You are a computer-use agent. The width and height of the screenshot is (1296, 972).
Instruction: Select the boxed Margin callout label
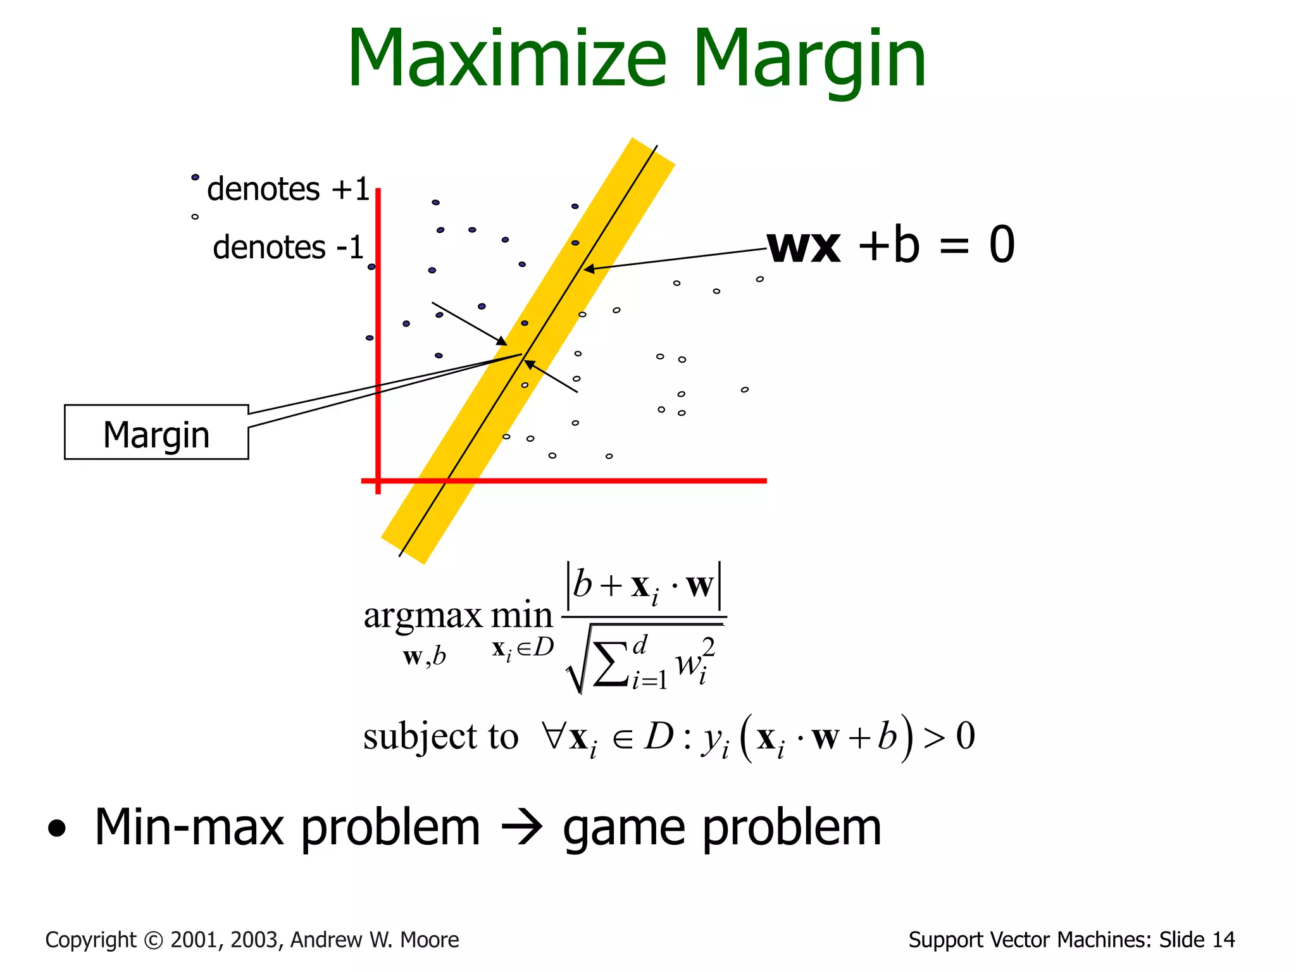click(x=156, y=433)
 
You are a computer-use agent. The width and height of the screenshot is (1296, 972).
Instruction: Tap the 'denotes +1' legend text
click(x=288, y=189)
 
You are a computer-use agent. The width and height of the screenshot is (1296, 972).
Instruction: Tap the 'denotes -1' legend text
click(x=288, y=247)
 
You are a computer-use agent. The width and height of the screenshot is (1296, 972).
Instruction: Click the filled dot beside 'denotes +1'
click(x=195, y=177)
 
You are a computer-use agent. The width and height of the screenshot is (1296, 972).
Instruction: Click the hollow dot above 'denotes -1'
click(x=195, y=216)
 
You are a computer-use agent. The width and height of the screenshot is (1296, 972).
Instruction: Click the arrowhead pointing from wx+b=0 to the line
click(x=589, y=269)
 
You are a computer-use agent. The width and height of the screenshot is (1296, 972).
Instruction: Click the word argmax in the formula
click(x=422, y=616)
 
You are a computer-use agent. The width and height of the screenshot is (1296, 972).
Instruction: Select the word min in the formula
click(x=522, y=616)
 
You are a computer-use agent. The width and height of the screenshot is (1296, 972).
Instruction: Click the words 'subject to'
click(x=440, y=737)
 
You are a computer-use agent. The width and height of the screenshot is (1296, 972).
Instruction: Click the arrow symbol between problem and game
click(x=521, y=828)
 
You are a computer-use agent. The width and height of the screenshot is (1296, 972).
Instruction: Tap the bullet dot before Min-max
click(x=56, y=829)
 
